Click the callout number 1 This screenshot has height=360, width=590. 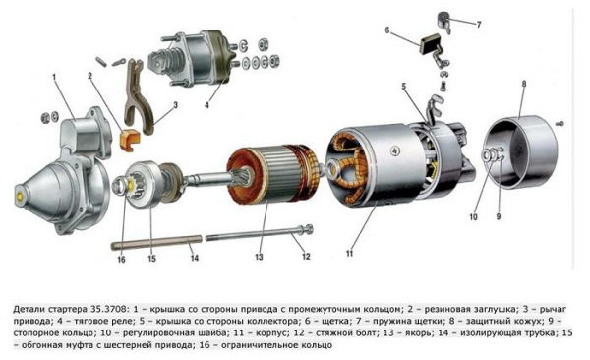pyautogui.click(x=54, y=77)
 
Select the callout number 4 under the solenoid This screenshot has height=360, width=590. pyautogui.click(x=206, y=105)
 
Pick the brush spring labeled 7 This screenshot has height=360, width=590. pyautogui.click(x=444, y=22)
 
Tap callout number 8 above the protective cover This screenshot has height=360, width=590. pyautogui.click(x=524, y=84)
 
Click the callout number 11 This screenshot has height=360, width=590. pyautogui.click(x=349, y=253)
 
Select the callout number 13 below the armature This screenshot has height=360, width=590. pyautogui.click(x=259, y=257)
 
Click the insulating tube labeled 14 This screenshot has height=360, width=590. pyautogui.click(x=156, y=242)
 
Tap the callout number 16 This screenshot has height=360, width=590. pyautogui.click(x=121, y=260)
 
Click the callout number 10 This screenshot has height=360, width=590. pyautogui.click(x=473, y=217)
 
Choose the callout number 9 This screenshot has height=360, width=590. pyautogui.click(x=499, y=216)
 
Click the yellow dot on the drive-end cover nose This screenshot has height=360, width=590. pyautogui.click(x=20, y=196)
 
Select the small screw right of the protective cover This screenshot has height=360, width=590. pyautogui.click(x=560, y=123)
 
